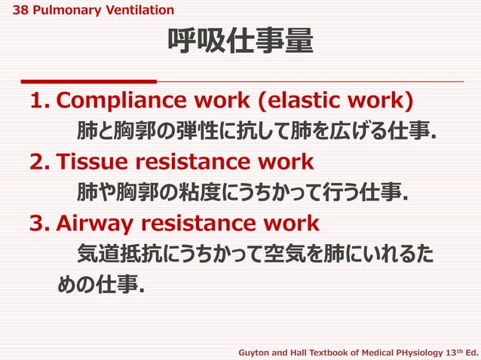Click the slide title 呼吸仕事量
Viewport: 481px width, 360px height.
click(x=240, y=43)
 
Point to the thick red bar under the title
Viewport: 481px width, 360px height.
click(x=89, y=81)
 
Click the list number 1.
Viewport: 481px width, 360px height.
click(x=38, y=101)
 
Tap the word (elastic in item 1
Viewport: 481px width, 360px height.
click(x=308, y=101)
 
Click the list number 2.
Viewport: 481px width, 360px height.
click(x=38, y=162)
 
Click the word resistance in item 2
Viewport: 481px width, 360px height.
click(x=190, y=162)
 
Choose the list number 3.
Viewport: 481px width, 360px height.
click(x=38, y=224)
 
